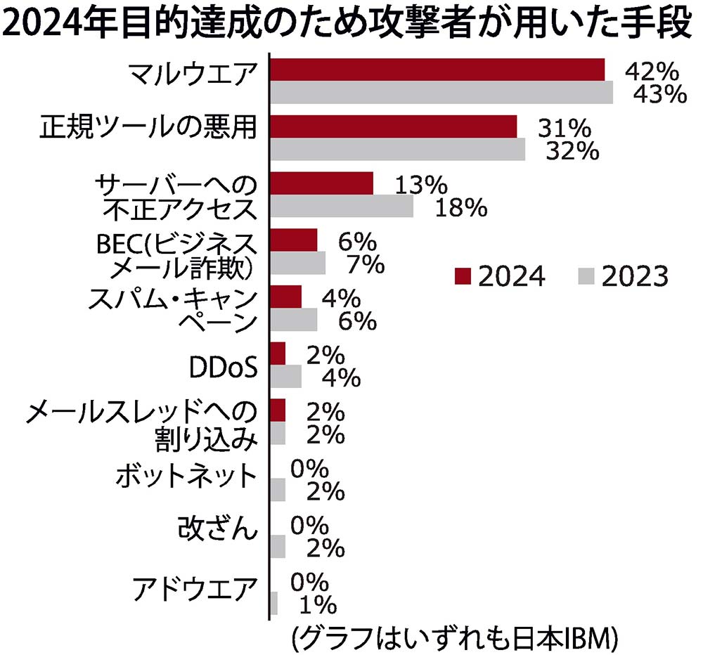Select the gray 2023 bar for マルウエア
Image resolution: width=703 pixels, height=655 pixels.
(x=441, y=92)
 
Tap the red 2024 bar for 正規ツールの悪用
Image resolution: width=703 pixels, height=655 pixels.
(x=394, y=127)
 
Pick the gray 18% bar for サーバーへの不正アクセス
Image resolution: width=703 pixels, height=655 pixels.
(x=342, y=206)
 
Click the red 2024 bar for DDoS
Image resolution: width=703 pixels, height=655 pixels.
(x=278, y=354)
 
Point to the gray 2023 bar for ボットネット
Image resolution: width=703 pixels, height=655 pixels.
(x=278, y=489)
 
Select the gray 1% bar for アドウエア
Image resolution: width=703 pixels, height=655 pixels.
(x=274, y=602)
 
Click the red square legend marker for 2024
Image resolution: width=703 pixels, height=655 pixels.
(x=462, y=276)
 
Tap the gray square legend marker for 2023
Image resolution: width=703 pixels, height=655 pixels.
(x=586, y=276)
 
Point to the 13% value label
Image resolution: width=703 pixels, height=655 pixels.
(x=420, y=185)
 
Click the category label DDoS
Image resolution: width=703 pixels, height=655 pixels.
(x=222, y=365)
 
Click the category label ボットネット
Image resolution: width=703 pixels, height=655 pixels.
(x=186, y=477)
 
